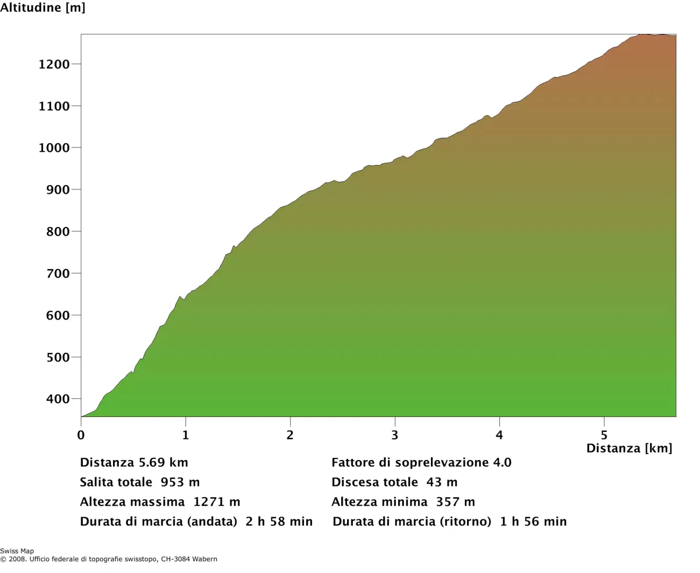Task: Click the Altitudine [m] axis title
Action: pos(42,8)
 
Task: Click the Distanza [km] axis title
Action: pos(629,448)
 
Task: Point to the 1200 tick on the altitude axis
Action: pos(54,64)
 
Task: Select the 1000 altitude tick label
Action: pos(54,148)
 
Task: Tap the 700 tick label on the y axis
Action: pos(58,274)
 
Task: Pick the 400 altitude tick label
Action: pos(58,399)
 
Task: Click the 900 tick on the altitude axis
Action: pos(58,190)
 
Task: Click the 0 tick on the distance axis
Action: pos(81,435)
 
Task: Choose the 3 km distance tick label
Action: pos(394,435)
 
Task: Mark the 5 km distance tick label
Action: pos(604,435)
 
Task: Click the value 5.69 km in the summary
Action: pos(163,463)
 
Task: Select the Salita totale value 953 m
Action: pos(180,482)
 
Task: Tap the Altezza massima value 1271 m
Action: pos(217,502)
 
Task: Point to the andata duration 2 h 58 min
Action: pos(279,522)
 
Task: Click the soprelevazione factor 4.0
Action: pos(502,463)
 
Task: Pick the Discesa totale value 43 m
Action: pos(442,482)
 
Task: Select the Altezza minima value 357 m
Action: pos(455,502)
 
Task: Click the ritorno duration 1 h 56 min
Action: pos(533,522)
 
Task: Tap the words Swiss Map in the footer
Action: pos(17,551)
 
